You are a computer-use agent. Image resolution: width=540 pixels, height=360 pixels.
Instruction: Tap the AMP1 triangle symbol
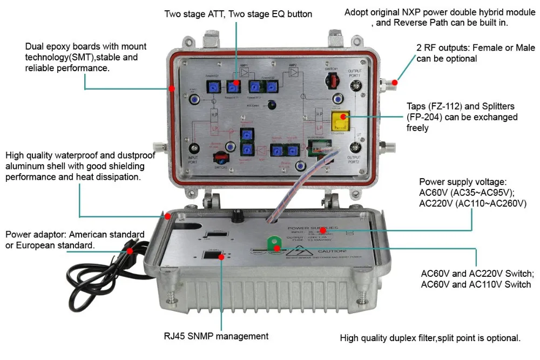pyautogui.click(x=244, y=72)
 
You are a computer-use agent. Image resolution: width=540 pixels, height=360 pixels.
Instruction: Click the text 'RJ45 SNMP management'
pyautogui.click(x=216, y=336)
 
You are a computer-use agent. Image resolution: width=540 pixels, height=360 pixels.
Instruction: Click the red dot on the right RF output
pyautogui.click(x=395, y=83)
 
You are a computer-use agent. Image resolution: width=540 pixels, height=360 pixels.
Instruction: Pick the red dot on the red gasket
pyautogui.click(x=171, y=88)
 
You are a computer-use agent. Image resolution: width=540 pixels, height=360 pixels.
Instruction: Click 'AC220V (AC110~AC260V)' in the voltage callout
pyautogui.click(x=473, y=203)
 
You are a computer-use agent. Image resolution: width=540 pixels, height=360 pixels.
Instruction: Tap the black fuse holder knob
pyautogui.click(x=235, y=218)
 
